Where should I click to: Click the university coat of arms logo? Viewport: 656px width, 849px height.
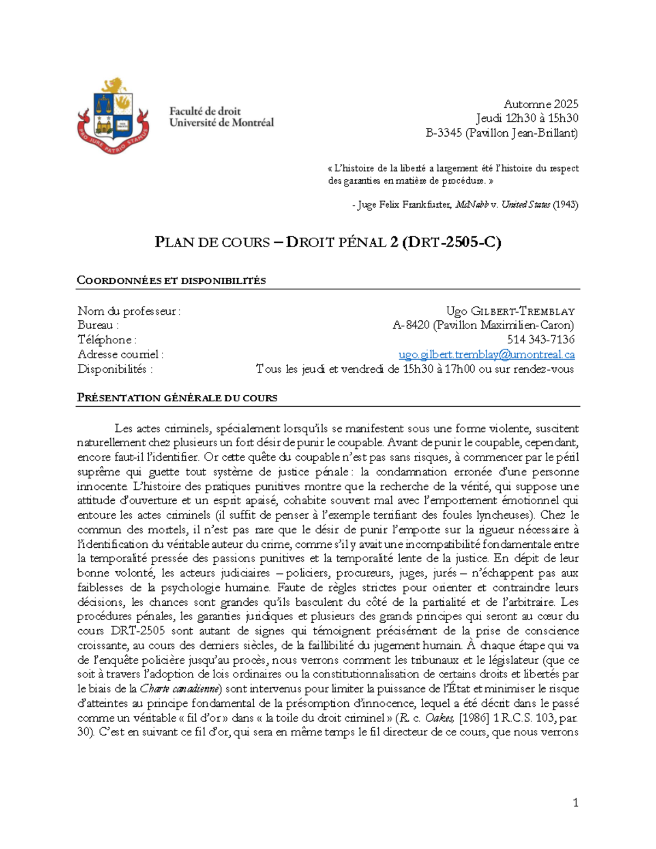click(113, 116)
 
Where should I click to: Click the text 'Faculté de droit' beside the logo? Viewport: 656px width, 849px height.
click(204, 111)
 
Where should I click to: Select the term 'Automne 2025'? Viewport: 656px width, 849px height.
click(541, 104)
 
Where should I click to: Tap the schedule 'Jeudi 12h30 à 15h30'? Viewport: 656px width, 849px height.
click(526, 118)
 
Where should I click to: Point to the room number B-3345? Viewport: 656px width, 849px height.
click(444, 133)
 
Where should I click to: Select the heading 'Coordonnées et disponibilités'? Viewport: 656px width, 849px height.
click(171, 281)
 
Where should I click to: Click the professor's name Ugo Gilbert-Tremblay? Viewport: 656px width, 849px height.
click(510, 311)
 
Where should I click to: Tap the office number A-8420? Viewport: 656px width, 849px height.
click(411, 325)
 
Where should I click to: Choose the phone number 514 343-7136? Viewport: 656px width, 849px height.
click(540, 339)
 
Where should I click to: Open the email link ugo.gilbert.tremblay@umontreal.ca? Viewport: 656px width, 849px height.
click(486, 354)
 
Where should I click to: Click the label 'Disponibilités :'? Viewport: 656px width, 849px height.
click(115, 369)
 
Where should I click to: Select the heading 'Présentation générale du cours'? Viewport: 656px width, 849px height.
click(177, 398)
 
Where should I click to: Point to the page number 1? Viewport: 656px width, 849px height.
click(575, 803)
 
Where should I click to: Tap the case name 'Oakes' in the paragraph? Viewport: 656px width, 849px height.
click(440, 718)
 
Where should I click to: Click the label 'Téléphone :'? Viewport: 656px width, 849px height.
click(107, 339)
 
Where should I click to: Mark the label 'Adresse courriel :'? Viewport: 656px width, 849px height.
click(120, 354)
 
